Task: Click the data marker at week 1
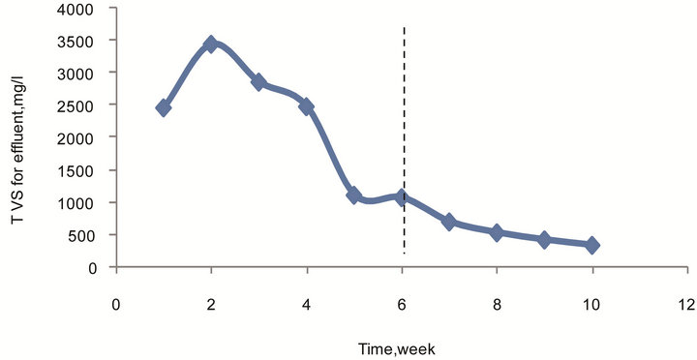click(164, 107)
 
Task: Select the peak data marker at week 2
click(211, 44)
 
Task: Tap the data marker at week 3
click(258, 82)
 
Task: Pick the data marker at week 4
click(307, 105)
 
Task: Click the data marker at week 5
click(354, 195)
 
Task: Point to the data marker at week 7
click(449, 222)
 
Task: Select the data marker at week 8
click(497, 232)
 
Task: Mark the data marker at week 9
click(544, 239)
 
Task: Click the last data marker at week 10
click(591, 245)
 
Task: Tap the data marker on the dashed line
click(402, 197)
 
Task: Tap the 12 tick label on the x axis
click(686, 304)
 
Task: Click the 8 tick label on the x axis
click(497, 304)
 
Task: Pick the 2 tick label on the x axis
click(211, 304)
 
